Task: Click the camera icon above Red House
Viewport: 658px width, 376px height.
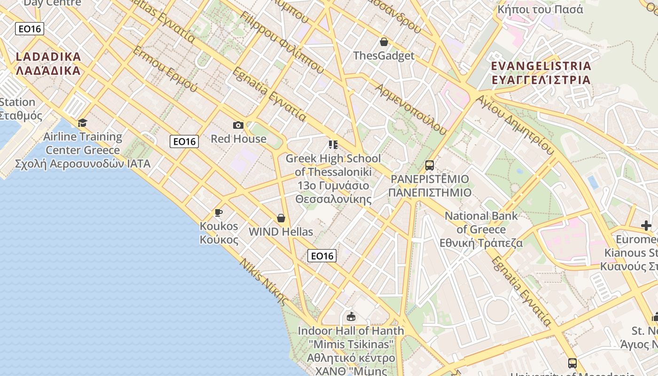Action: pyautogui.click(x=238, y=125)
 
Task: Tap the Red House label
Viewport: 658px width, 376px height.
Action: pyautogui.click(x=238, y=139)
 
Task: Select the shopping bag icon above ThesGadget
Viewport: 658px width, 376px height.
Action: pyautogui.click(x=384, y=42)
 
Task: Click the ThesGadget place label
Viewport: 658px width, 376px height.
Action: pyautogui.click(x=384, y=56)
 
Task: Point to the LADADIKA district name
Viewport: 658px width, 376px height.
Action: pyautogui.click(x=48, y=63)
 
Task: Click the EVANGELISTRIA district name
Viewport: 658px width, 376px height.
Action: pyautogui.click(x=541, y=72)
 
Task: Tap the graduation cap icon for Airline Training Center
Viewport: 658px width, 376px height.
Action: pyautogui.click(x=83, y=123)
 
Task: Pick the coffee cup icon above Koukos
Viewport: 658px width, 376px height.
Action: pyautogui.click(x=219, y=213)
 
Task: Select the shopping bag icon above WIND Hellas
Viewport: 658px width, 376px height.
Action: pyautogui.click(x=281, y=218)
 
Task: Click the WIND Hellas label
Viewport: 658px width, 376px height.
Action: pyautogui.click(x=281, y=232)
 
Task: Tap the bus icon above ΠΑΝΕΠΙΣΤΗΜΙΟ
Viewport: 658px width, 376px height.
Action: pyautogui.click(x=430, y=165)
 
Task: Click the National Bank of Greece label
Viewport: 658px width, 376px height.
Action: pyautogui.click(x=481, y=229)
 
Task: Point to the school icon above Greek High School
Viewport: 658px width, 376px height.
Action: pyautogui.click(x=333, y=145)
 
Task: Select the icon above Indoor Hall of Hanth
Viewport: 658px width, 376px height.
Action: pyautogui.click(x=351, y=316)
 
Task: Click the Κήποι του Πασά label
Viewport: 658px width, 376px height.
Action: pyautogui.click(x=540, y=9)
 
